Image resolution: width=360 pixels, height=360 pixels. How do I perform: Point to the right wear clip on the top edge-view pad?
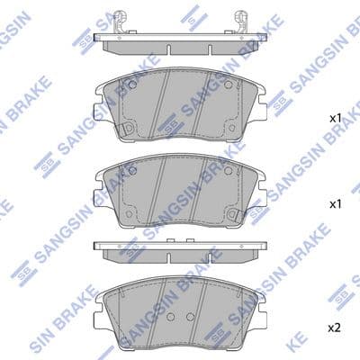pos(241,20)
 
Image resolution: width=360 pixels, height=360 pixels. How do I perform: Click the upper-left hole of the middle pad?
pos(132,171)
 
